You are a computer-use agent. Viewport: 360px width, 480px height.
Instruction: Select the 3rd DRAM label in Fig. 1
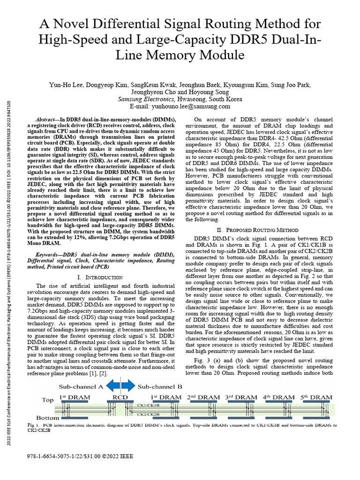241,397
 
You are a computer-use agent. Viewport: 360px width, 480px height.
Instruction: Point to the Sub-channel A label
81,387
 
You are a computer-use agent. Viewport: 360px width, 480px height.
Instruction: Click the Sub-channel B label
160,387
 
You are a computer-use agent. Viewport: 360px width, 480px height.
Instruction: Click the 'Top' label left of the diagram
48,400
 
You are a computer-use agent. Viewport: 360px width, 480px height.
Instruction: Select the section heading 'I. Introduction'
93,277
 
